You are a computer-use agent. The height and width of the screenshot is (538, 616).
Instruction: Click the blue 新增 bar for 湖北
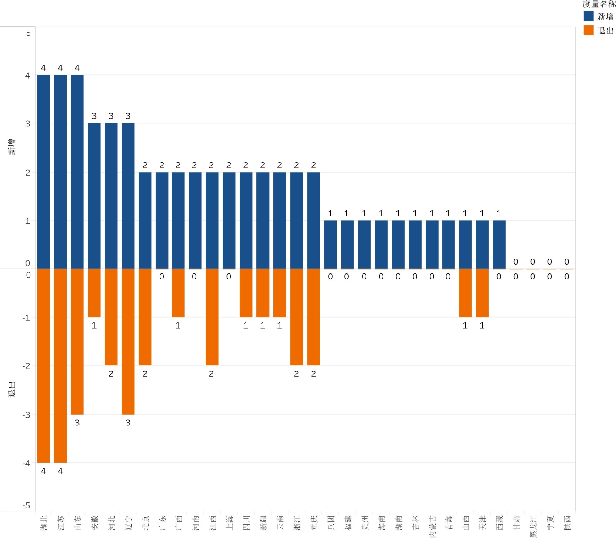coord(43,172)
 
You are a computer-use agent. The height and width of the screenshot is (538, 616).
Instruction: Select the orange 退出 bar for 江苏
coord(60,365)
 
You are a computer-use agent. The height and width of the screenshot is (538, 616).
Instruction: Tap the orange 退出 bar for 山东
coord(77,341)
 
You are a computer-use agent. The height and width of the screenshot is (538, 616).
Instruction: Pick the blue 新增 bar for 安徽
coord(94,196)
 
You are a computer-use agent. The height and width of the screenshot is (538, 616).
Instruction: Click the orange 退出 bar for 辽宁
coord(128,341)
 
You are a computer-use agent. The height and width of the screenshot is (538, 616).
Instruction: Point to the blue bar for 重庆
coord(313,220)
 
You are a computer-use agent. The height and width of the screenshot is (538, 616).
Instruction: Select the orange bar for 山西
coord(465,293)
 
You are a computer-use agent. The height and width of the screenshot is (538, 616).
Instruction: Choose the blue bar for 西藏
coord(499,244)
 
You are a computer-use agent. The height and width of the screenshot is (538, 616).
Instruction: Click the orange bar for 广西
coord(178,293)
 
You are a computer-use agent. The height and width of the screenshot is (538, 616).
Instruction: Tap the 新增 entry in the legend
coord(605,17)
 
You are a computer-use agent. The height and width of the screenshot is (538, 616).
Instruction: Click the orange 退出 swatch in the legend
coord(589,30)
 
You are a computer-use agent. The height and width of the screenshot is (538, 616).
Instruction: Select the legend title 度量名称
coord(599,4)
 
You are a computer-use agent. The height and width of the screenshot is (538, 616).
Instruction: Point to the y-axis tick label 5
coord(28,33)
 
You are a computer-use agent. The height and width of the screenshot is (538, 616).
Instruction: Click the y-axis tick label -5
coord(27,505)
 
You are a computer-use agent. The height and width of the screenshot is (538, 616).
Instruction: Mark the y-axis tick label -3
coord(27,415)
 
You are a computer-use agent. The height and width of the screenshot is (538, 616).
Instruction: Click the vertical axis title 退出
coord(12,389)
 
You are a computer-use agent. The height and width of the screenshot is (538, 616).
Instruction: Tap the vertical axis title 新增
coord(12,147)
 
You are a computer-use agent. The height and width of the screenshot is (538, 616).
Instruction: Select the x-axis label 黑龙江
coord(533,526)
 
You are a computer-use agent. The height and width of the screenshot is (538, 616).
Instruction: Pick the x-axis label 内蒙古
coord(433,526)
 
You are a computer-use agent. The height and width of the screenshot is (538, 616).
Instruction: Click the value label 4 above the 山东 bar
coord(77,68)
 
